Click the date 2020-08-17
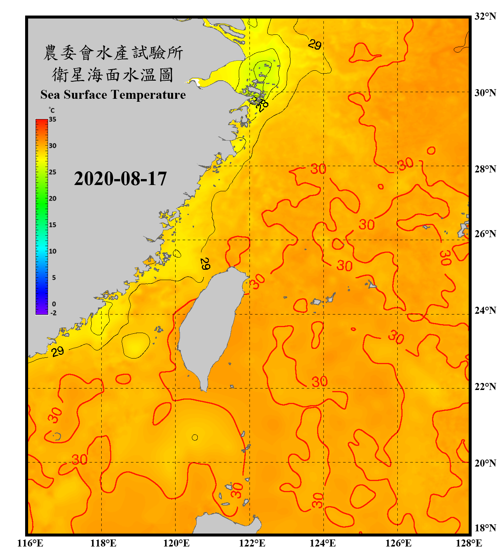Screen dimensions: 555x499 point(120,179)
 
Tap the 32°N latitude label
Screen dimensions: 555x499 point(485,16)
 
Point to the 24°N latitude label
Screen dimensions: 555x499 point(485,310)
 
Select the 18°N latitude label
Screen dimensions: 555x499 point(485,528)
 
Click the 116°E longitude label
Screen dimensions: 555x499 point(30,543)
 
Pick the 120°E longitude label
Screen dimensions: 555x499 point(176,543)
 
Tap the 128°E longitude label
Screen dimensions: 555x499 point(469,543)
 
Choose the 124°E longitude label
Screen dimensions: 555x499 point(323,543)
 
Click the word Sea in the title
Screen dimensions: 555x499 point(50,95)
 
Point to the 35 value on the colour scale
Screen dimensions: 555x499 point(52,120)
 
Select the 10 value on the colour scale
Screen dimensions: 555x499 point(52,251)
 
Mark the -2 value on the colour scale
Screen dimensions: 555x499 point(53,313)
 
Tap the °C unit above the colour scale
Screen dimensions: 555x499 point(52,110)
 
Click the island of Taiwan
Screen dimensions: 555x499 point(209,326)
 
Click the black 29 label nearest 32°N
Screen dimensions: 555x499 point(315,44)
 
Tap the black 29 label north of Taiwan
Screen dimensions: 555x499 point(205,263)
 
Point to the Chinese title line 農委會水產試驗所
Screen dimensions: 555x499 point(113,53)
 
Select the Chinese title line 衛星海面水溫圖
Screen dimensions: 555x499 point(113,75)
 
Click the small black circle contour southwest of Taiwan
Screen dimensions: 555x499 point(195,438)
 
